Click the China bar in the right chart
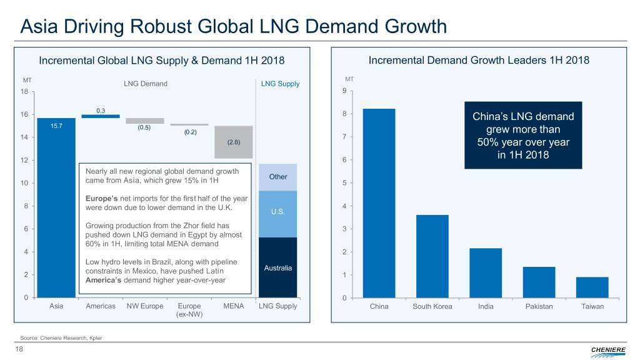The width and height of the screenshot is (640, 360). click(x=379, y=203)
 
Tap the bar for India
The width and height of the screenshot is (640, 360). click(x=486, y=273)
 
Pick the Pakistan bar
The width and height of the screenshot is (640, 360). click(x=539, y=282)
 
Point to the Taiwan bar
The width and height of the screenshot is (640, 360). click(x=592, y=287)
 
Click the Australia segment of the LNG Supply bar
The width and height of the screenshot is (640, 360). click(x=277, y=267)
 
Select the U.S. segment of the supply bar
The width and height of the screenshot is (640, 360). click(x=277, y=214)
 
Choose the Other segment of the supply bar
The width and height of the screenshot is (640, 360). click(x=277, y=177)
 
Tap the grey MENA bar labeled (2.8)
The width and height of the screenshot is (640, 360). click(x=233, y=142)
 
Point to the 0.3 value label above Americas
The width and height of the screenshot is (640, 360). click(x=101, y=111)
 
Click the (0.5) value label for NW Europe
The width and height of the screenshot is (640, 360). click(x=145, y=127)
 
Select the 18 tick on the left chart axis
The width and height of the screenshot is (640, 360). click(x=24, y=91)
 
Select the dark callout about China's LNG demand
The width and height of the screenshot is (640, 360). click(x=523, y=135)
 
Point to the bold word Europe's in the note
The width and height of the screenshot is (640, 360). click(x=100, y=198)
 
